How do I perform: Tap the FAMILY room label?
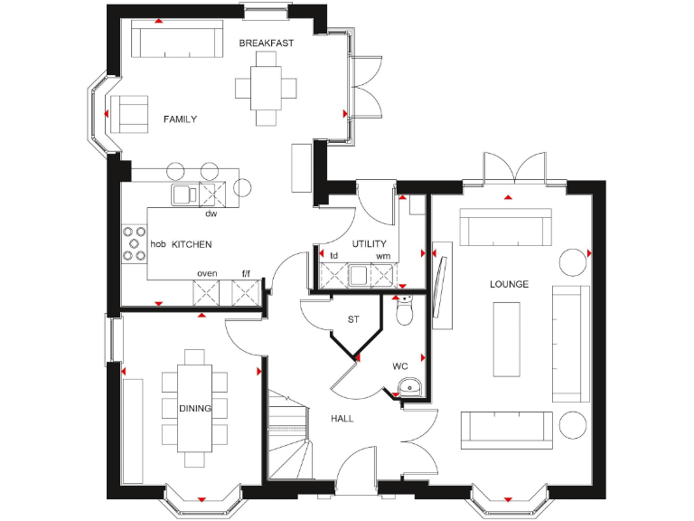coord(180,119)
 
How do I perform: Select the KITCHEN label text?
coord(192,244)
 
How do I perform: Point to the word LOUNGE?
coord(509,284)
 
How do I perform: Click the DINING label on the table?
coord(194,409)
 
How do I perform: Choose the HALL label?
coord(342,419)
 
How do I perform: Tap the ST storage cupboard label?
coord(354,319)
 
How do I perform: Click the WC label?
coord(400,366)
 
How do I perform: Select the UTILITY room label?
coord(370,244)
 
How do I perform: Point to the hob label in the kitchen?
coord(158,244)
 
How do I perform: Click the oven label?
coord(207,273)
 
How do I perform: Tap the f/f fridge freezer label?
coord(246,273)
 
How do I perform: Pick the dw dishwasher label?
coord(211,214)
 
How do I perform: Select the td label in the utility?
coord(333,256)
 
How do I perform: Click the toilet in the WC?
coord(404,310)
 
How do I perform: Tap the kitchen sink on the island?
coord(185,194)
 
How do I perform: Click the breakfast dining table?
coord(267,88)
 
